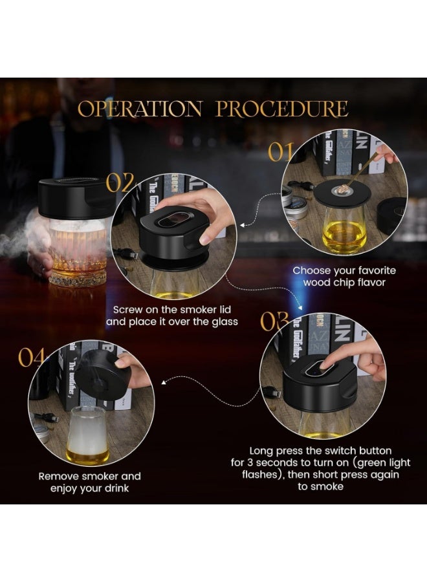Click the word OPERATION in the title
tap(141, 108)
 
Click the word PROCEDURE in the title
tap(282, 108)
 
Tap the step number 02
tap(120, 184)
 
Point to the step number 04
tap(33, 358)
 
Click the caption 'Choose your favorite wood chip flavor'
tap(344, 276)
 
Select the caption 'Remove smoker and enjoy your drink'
tap(89, 482)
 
